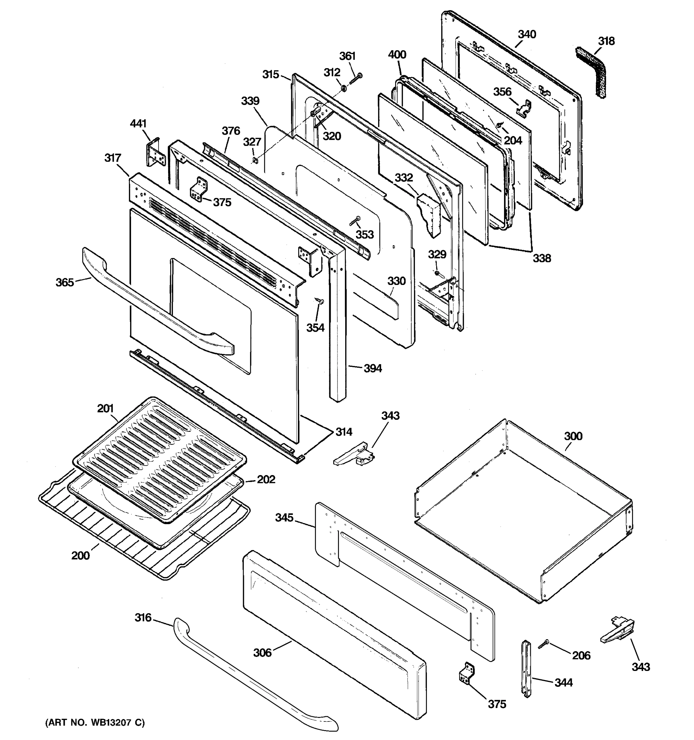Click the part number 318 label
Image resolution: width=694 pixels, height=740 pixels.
606,41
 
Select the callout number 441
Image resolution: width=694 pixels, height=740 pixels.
138,124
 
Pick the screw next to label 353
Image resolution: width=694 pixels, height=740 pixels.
354,221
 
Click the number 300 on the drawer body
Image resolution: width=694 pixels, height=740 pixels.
573,436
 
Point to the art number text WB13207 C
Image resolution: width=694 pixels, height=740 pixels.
95,722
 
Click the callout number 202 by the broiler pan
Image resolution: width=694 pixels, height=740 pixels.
266,479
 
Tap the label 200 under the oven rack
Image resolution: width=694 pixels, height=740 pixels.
81,556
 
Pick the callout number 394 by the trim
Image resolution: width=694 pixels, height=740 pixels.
372,368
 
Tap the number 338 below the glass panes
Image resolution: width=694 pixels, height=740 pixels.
541,258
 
